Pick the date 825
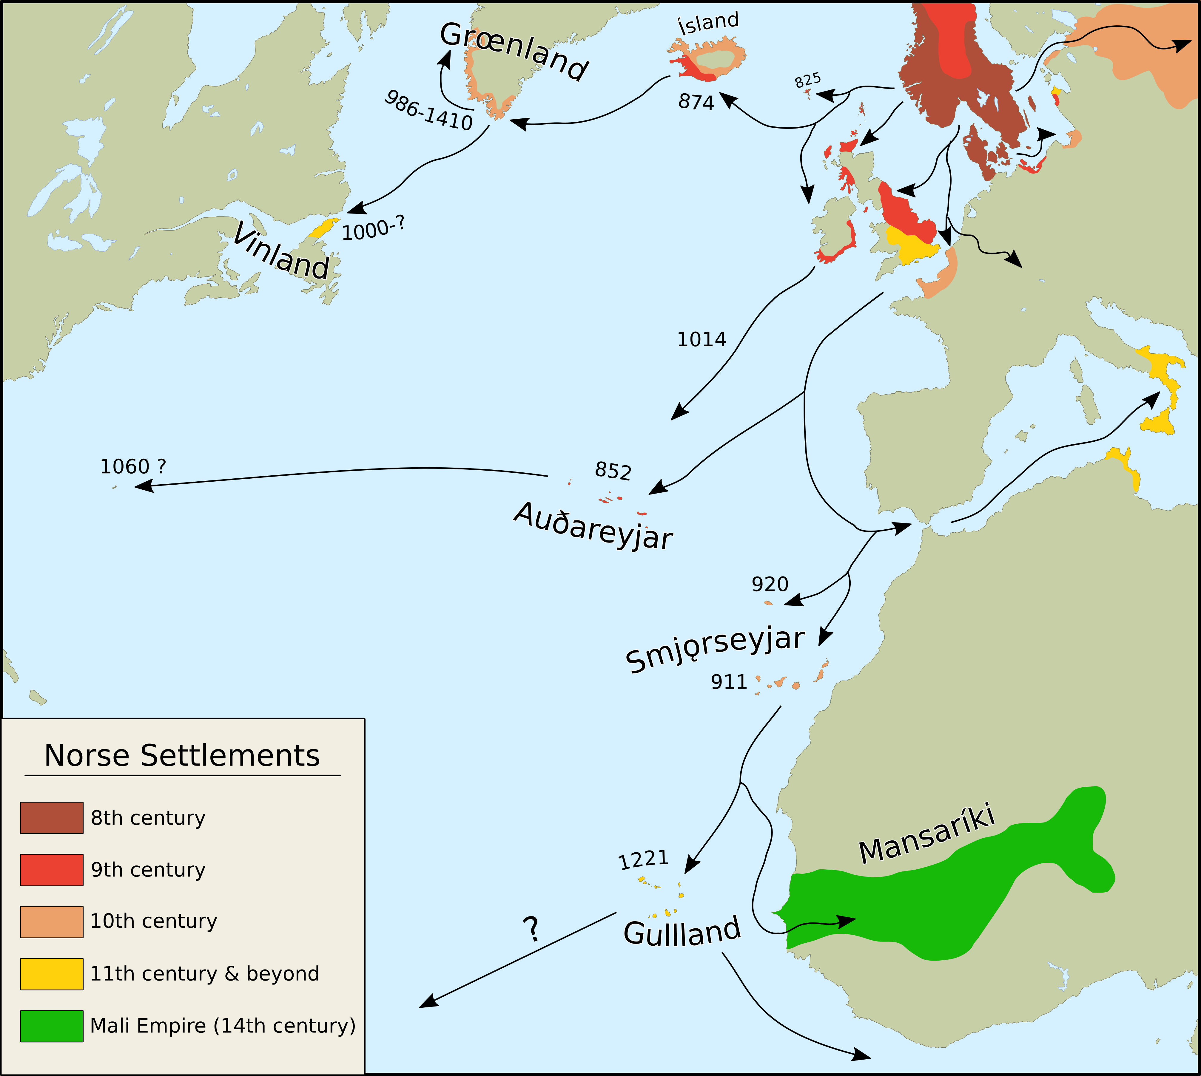[x=807, y=80]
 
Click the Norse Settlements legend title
[x=182, y=756]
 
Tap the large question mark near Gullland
[x=532, y=929]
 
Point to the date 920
[x=770, y=584]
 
